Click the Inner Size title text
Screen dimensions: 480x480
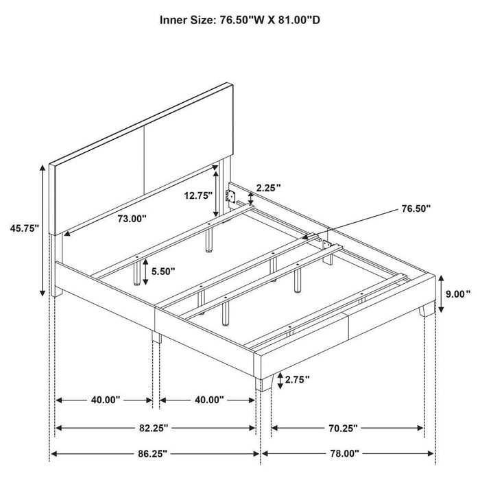coord(240,20)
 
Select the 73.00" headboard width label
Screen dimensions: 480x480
coord(132,219)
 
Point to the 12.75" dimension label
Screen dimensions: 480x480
coord(198,194)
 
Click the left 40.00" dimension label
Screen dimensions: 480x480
coord(104,399)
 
